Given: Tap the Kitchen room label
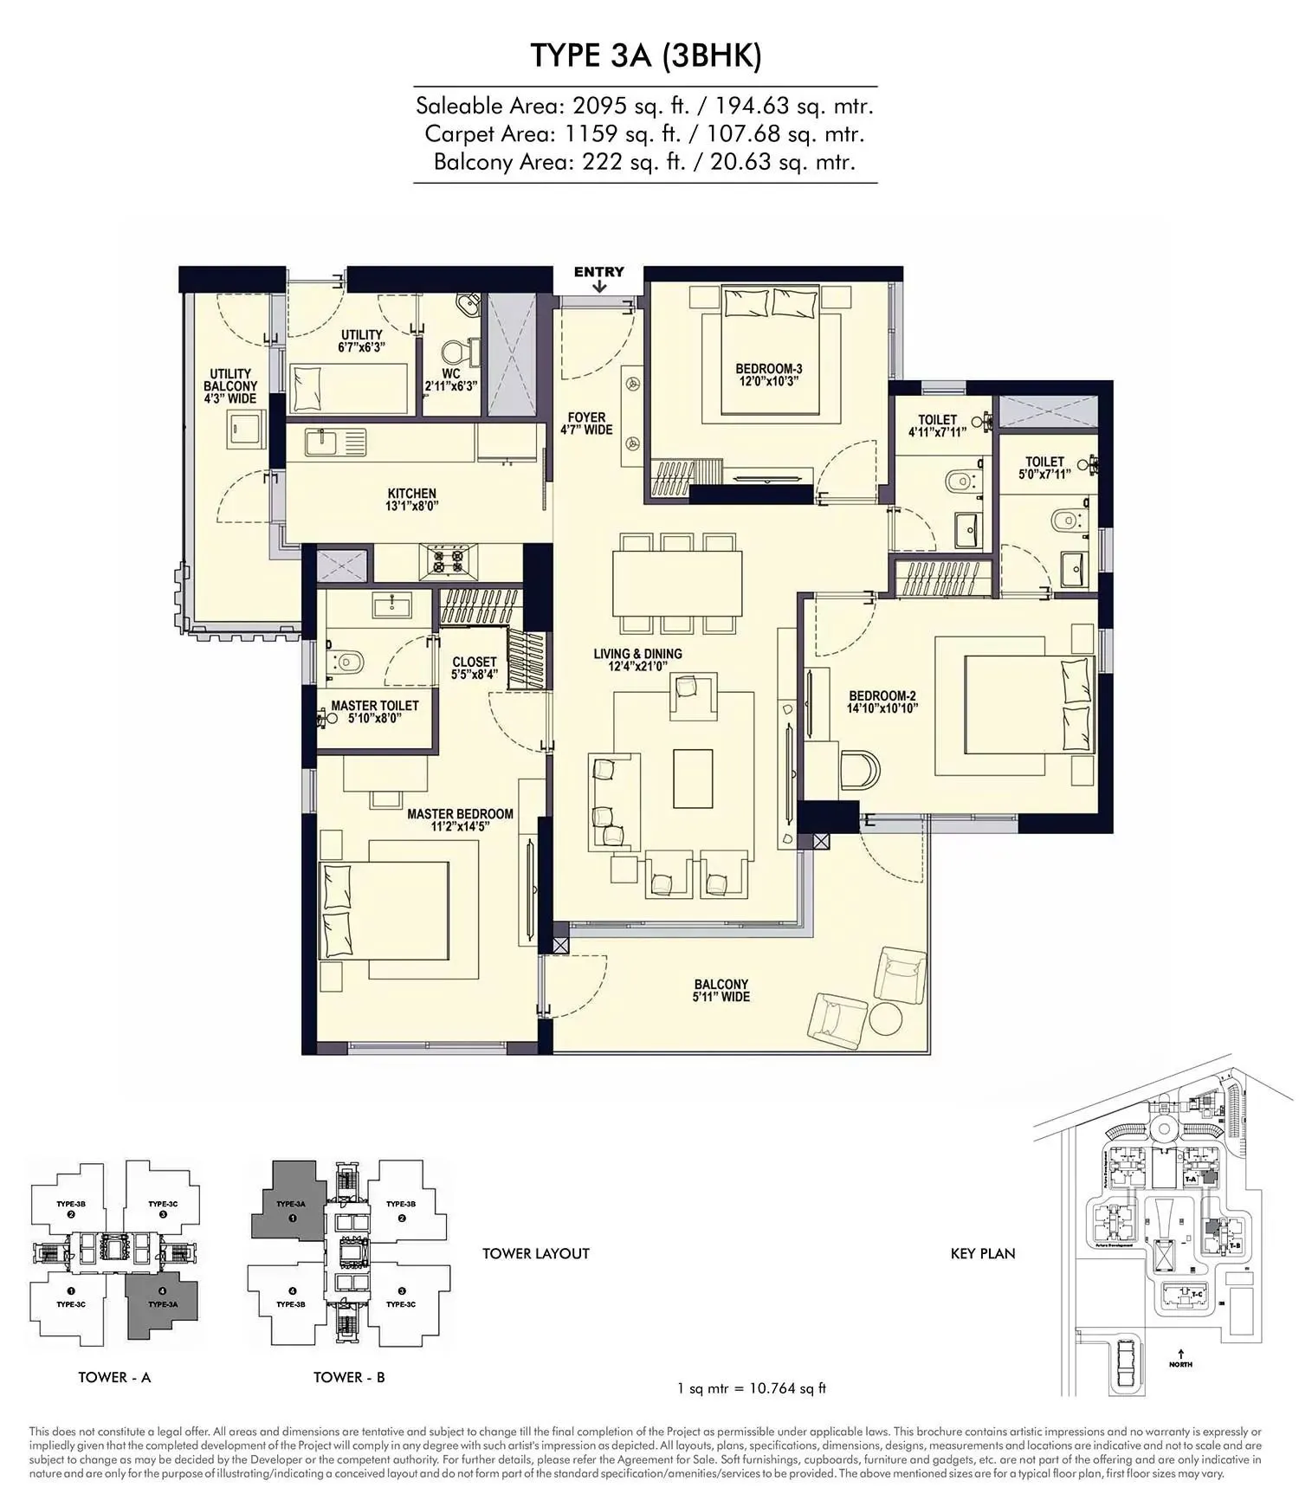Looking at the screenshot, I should pyautogui.click(x=412, y=500).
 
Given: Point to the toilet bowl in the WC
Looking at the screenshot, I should pyautogui.click(x=454, y=351).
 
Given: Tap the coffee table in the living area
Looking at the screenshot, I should pyautogui.click(x=693, y=777).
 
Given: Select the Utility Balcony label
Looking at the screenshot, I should pyautogui.click(x=230, y=385).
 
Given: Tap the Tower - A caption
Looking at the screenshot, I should pyautogui.click(x=114, y=1377).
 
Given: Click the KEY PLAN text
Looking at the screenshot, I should pyautogui.click(x=982, y=1253).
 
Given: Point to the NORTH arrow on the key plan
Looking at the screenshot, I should pyautogui.click(x=1180, y=1356).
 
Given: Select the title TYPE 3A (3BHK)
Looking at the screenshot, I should pyautogui.click(x=645, y=55).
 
